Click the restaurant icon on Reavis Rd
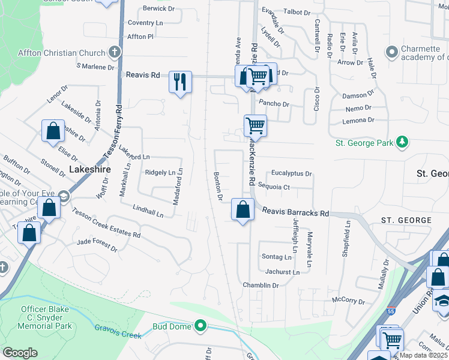click(180, 81)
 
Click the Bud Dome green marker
click(200, 326)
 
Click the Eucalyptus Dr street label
click(292, 173)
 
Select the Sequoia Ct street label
click(274, 187)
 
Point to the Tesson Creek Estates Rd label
click(106, 223)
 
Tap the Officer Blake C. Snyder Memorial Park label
click(47, 317)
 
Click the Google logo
click(20, 353)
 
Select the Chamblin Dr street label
click(261, 286)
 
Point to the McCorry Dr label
click(348, 300)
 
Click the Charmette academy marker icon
click(392, 53)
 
